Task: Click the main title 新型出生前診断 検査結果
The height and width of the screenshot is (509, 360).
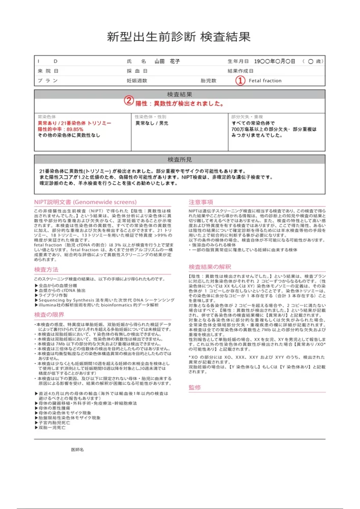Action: click(x=179, y=37)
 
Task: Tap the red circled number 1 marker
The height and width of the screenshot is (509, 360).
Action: click(x=240, y=80)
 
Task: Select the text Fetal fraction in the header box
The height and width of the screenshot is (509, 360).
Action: click(x=265, y=80)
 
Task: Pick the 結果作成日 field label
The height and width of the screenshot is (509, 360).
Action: click(x=241, y=71)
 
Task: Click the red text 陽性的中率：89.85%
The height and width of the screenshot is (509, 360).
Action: click(x=60, y=129)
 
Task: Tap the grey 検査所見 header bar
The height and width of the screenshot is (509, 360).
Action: click(x=179, y=160)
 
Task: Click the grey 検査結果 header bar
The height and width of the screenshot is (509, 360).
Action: click(x=179, y=94)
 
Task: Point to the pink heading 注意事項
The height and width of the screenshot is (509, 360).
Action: click(x=201, y=202)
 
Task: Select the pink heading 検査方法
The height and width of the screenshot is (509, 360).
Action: click(x=46, y=269)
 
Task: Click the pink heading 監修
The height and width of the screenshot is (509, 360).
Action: click(x=195, y=387)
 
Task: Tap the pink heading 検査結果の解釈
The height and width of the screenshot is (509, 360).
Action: click(x=210, y=267)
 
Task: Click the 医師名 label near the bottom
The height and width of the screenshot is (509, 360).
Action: click(x=77, y=450)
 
